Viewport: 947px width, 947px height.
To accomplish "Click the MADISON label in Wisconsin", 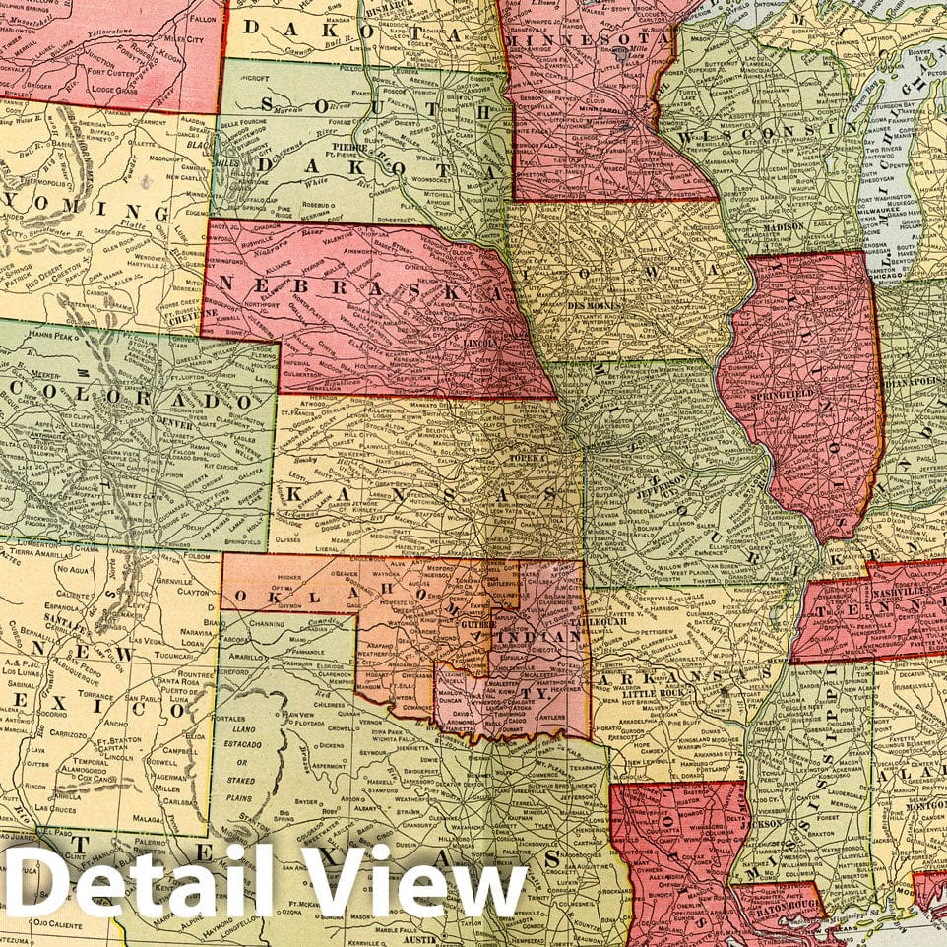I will [786, 226].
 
